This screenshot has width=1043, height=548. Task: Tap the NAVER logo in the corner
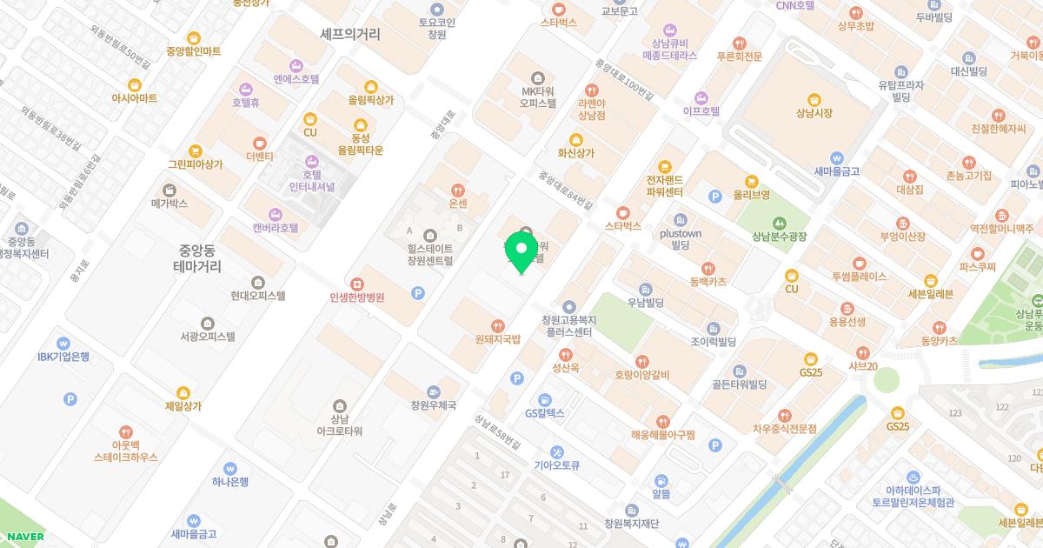tap(23, 536)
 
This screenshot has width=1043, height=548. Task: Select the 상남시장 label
tap(814, 113)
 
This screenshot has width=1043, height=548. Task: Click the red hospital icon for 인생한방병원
tap(356, 284)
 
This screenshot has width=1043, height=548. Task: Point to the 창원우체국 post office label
tap(434, 404)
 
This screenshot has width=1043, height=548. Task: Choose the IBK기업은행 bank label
tap(63, 356)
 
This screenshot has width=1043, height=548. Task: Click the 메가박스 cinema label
tap(169, 204)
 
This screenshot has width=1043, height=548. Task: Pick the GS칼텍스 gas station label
tap(545, 412)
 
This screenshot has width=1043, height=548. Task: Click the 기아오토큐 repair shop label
tap(556, 464)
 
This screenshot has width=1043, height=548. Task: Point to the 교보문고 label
tap(620, 11)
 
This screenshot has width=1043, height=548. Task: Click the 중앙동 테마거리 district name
tap(196, 258)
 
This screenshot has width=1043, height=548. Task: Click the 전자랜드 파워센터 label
tap(665, 185)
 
